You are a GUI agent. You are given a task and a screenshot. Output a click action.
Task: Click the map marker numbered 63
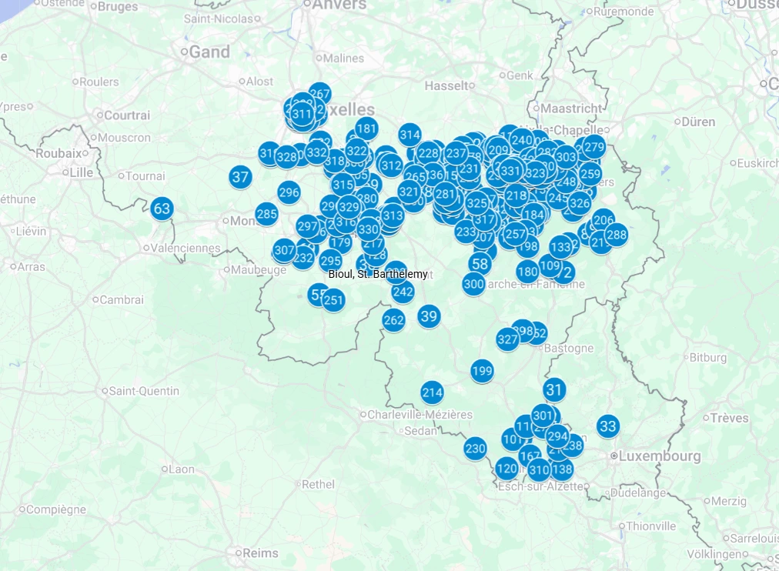click(x=162, y=209)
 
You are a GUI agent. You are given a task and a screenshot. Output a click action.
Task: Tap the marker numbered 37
click(x=241, y=177)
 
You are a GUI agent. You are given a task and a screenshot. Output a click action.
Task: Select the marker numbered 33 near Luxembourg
click(x=608, y=426)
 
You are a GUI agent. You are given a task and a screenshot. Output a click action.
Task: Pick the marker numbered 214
click(x=433, y=392)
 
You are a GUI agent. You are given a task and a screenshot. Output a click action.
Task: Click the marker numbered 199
click(x=482, y=372)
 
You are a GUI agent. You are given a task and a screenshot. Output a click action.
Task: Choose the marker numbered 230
click(x=476, y=449)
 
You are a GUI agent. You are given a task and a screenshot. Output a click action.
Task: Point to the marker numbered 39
click(x=429, y=316)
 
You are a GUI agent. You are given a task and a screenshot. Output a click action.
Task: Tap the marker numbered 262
click(x=393, y=320)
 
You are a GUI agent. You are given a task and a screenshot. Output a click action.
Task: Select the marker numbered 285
click(x=266, y=213)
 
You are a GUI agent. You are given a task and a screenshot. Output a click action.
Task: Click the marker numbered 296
click(x=289, y=192)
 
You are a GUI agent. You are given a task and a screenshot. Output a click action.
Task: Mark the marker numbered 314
click(x=410, y=135)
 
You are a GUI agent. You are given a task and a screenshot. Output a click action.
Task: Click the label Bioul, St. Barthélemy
click(x=377, y=274)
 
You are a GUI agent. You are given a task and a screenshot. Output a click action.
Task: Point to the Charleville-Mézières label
click(x=420, y=415)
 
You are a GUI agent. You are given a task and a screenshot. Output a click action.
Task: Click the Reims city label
click(x=260, y=553)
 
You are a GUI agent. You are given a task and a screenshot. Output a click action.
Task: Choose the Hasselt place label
click(x=446, y=85)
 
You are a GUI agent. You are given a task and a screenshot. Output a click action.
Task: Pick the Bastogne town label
click(x=569, y=349)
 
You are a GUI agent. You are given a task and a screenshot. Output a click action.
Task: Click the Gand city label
click(x=209, y=52)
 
